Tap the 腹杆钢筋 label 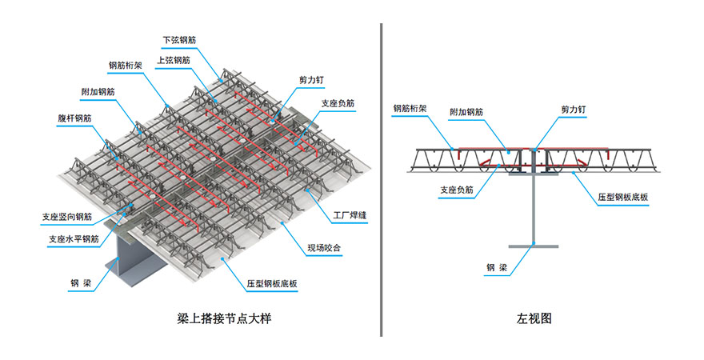(x=74, y=118)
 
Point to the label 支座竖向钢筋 (x=67, y=216)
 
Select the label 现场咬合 (x=325, y=249)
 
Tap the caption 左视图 (x=534, y=318)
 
